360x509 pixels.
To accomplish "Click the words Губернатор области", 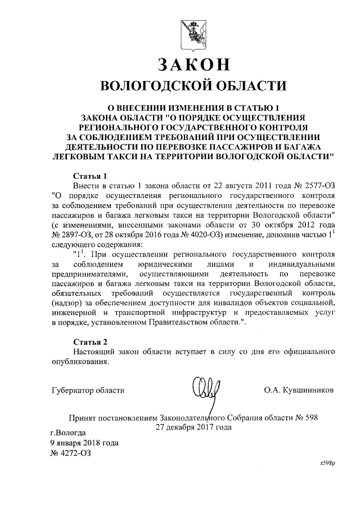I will pyautogui.click(x=87, y=389).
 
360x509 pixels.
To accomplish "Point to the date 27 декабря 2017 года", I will pyautogui.click(x=193, y=427).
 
